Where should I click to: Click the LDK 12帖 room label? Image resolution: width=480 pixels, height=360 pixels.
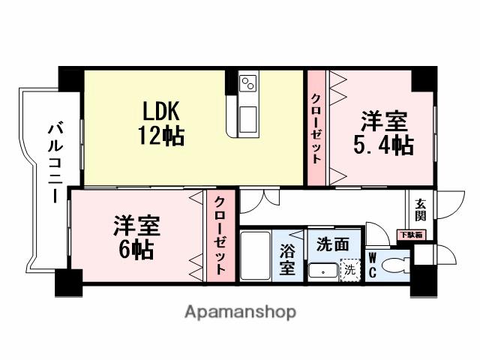click(160, 124)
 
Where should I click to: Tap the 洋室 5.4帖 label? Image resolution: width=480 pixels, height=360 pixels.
click(383, 133)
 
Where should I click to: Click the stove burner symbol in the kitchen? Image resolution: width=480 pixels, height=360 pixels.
click(248, 82)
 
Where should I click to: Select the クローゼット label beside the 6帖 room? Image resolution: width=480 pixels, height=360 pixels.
click(220, 235)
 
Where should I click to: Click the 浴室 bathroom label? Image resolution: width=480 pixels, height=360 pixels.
click(287, 259)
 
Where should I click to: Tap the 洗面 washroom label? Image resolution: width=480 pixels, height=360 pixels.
click(332, 244)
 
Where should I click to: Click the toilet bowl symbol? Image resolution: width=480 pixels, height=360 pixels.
click(394, 265)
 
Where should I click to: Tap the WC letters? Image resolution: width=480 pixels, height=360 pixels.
click(372, 265)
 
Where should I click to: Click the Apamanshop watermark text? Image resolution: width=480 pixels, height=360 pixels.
click(240, 311)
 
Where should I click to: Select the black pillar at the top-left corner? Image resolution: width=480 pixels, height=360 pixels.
click(71, 79)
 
